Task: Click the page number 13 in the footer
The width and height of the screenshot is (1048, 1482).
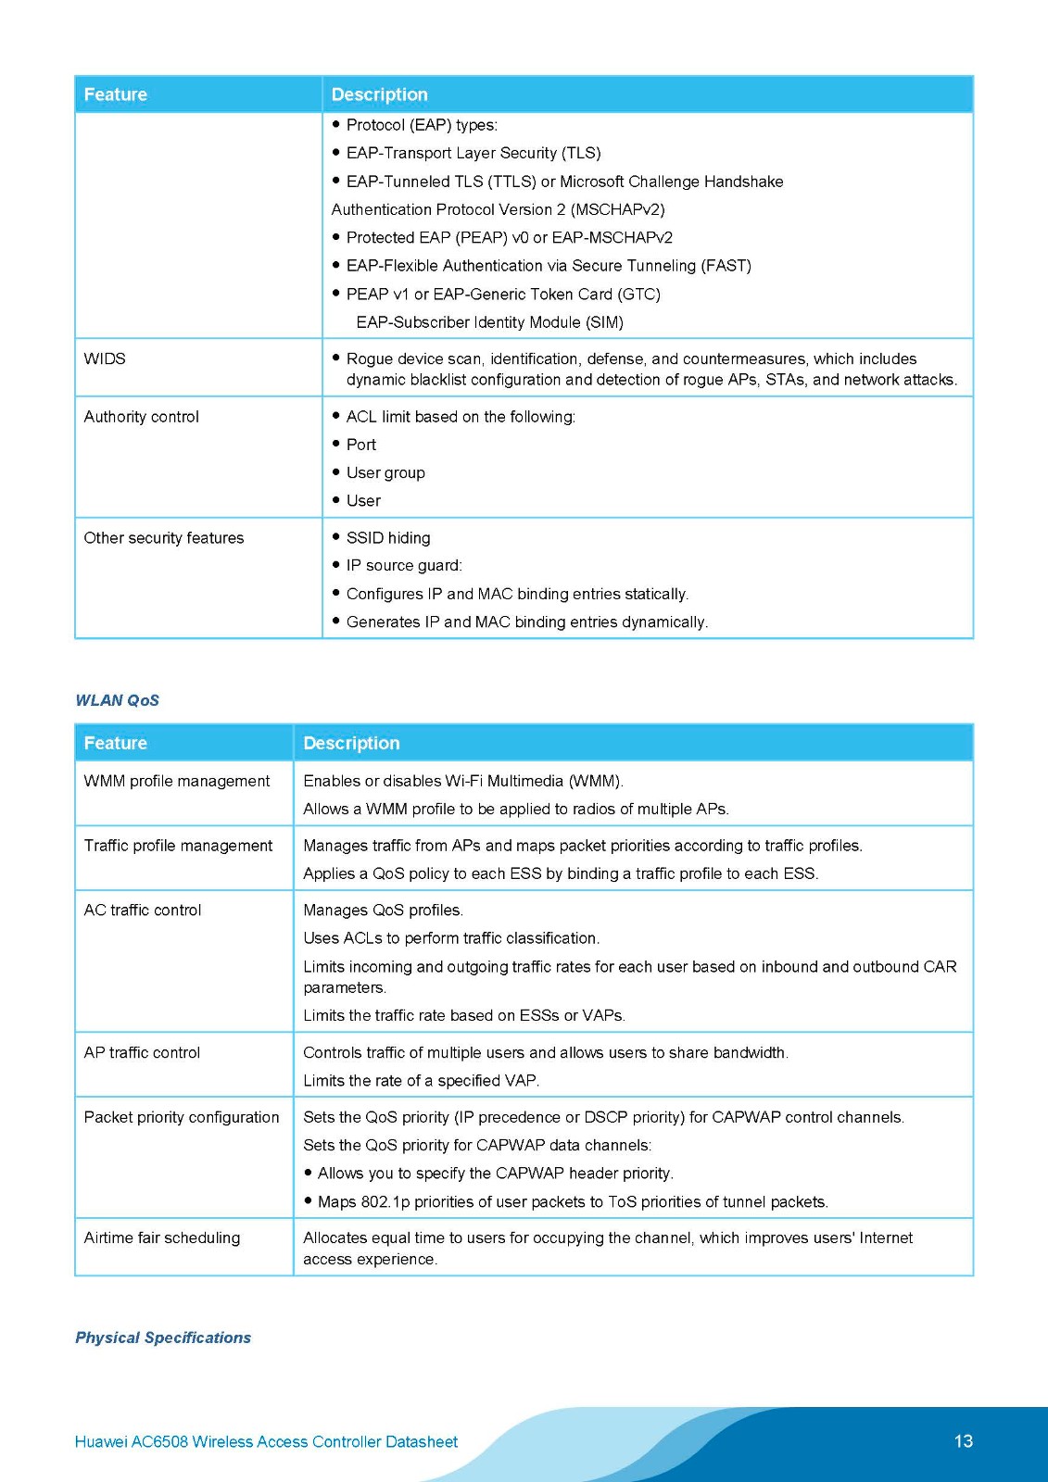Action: [963, 1441]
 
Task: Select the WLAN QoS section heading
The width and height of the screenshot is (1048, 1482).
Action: [117, 700]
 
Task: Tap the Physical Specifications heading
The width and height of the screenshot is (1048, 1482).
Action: [163, 1338]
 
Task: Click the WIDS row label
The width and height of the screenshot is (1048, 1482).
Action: [105, 359]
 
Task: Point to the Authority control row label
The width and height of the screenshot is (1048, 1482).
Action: [141, 417]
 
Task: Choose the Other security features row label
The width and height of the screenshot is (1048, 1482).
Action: [164, 538]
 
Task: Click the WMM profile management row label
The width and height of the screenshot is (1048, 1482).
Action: [177, 781]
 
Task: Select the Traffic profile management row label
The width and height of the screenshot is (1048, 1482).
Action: [178, 846]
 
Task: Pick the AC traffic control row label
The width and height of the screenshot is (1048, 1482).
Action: [143, 911]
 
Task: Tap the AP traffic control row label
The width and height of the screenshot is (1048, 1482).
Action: [142, 1053]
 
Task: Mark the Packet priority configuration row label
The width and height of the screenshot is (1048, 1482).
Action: [182, 1118]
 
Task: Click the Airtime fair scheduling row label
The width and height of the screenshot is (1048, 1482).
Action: [162, 1238]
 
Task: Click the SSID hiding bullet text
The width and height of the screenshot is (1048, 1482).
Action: [388, 538]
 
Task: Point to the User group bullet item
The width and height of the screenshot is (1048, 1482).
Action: [385, 473]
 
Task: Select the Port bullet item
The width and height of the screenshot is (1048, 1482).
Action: [361, 446]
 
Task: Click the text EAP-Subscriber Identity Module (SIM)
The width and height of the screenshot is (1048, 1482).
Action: [489, 322]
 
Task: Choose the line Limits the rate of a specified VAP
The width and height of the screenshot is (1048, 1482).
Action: [422, 1081]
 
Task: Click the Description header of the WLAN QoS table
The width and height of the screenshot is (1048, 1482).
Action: [351, 743]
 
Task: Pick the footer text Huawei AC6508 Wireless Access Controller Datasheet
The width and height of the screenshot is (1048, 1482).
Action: [266, 1442]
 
